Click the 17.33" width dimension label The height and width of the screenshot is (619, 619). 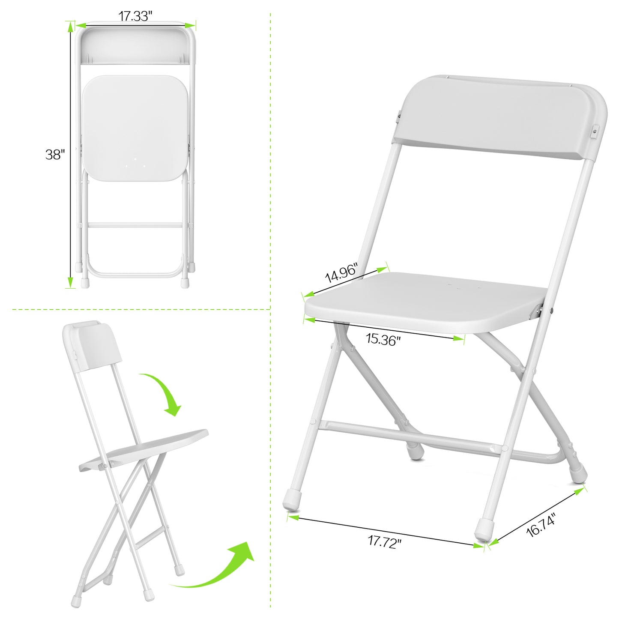tap(135, 16)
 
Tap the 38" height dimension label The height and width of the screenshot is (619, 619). tap(55, 154)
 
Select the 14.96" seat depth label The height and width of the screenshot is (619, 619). tap(341, 273)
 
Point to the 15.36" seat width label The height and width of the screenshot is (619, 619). tap(383, 339)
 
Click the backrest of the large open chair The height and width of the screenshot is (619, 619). tap(499, 118)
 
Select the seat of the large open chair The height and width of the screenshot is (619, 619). tap(424, 302)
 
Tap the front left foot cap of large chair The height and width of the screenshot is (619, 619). tap(293, 499)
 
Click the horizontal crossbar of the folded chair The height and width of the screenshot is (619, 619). tap(135, 225)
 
